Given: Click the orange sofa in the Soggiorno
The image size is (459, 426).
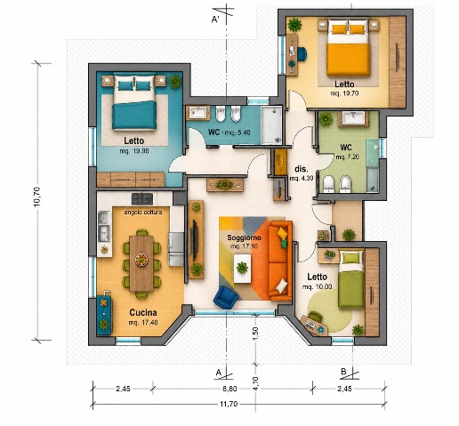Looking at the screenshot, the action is click(280, 261).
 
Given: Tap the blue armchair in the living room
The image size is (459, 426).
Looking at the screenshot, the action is click(226, 297).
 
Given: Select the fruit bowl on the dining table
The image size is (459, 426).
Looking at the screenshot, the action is click(141, 260).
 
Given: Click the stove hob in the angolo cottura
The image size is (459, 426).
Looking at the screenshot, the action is click(142, 198).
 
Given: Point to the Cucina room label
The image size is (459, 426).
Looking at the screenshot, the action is click(143, 312).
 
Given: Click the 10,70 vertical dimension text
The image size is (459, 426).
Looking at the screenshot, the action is click(37, 197).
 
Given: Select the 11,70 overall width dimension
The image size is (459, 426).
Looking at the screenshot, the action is click(229, 404).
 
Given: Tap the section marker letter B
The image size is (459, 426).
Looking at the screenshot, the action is click(343, 372).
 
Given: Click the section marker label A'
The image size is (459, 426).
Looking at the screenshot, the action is click(215, 20).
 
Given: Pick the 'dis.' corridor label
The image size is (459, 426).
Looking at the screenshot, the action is click(302, 169).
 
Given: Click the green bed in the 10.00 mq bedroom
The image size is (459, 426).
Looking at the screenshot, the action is click(351, 279).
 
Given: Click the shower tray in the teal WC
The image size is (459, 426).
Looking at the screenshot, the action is click(271, 125).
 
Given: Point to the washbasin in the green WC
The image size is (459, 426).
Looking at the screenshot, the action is click(353, 118).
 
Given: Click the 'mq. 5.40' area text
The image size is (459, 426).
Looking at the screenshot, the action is click(238, 133).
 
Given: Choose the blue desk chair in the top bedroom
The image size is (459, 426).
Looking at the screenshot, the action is click(302, 54).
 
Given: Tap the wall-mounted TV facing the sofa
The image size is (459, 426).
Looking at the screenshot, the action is click(195, 239).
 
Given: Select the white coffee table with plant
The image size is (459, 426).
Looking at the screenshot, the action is click(242, 269).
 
